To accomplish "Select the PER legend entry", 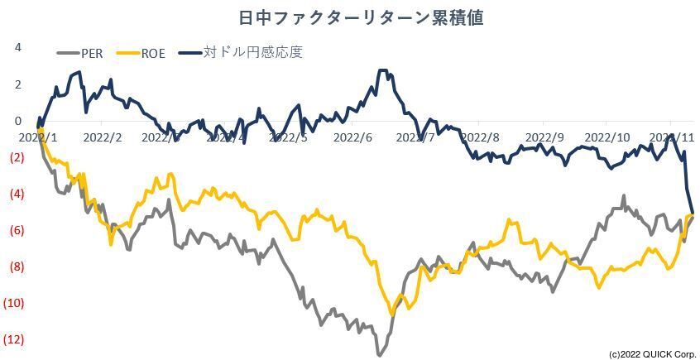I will [91, 54].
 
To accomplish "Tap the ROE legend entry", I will [152, 54].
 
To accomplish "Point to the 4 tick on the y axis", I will [17, 47].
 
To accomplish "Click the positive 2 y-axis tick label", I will [17, 84].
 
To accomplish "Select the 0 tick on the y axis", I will [17, 120].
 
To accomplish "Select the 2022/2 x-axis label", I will [103, 137].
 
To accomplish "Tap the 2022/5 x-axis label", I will [290, 137].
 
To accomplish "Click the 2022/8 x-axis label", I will [481, 137].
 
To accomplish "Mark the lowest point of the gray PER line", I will [379, 354].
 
